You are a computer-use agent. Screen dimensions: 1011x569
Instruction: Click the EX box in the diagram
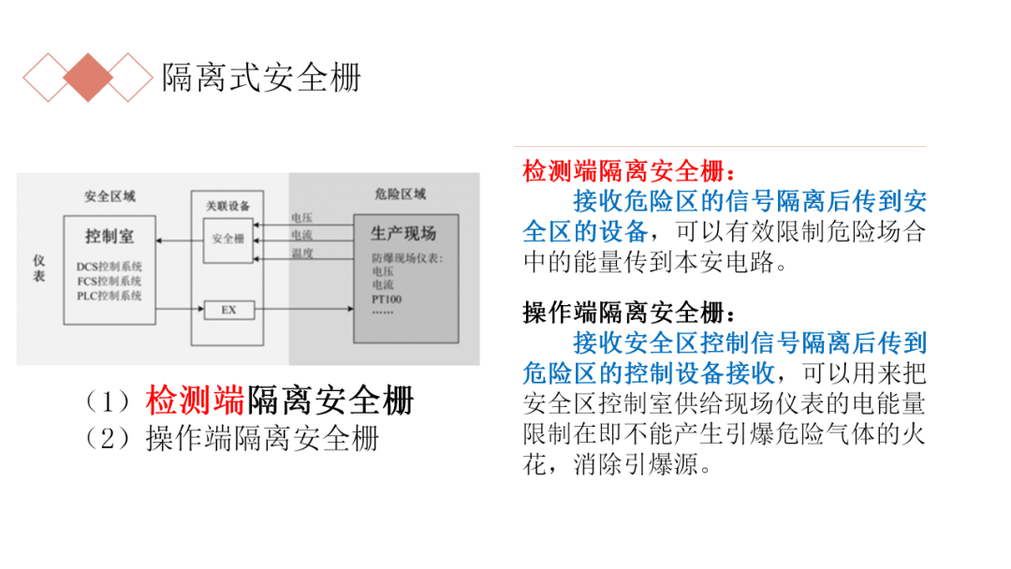(x=228, y=309)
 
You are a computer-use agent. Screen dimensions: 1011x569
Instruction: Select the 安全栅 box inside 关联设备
(x=228, y=240)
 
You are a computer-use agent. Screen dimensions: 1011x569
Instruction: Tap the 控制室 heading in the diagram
(x=109, y=235)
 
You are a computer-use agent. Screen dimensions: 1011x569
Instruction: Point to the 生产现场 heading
(x=403, y=233)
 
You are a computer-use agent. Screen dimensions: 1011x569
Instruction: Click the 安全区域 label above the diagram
(x=110, y=197)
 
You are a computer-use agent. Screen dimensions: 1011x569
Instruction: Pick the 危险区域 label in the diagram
(x=400, y=195)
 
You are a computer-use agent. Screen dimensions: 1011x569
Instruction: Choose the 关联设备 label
(x=228, y=205)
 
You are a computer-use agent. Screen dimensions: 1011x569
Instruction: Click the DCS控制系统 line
(x=110, y=267)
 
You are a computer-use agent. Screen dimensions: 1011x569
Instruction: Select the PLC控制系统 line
(x=110, y=296)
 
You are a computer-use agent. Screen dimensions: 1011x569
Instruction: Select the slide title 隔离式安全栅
(x=261, y=78)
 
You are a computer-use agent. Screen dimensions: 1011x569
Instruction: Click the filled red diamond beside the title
(x=88, y=78)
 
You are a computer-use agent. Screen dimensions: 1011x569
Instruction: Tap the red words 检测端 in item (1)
(x=195, y=401)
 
